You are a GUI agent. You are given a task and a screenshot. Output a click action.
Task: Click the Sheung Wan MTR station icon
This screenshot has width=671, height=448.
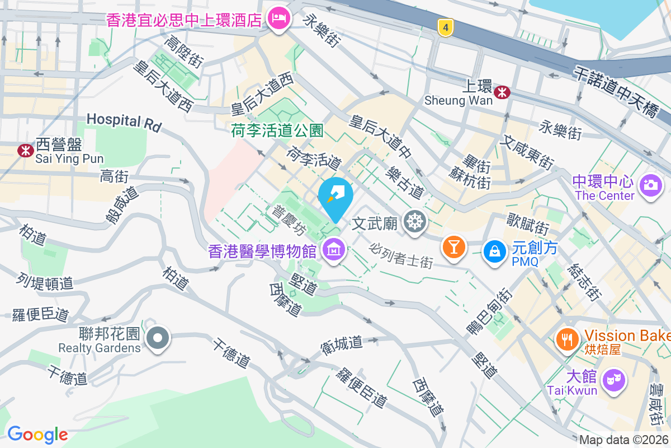click(503, 91)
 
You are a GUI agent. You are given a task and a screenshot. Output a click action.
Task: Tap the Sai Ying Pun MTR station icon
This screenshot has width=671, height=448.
click(25, 150)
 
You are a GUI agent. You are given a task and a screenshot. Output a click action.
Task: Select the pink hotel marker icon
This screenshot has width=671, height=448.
click(278, 20)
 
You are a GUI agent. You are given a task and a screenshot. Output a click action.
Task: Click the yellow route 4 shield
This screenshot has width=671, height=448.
click(445, 27)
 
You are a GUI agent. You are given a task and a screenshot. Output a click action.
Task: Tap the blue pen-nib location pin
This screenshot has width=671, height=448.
click(335, 197)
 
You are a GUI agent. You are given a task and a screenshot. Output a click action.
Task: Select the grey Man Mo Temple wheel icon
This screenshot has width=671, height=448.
click(415, 222)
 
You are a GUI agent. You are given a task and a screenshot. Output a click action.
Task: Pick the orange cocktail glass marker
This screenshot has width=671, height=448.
click(453, 246)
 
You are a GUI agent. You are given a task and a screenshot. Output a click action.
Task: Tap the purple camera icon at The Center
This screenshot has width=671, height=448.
click(651, 184)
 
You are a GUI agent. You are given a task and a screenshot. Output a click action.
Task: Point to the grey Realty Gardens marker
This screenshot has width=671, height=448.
click(158, 338)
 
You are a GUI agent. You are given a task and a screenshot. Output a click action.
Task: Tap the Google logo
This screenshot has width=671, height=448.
click(37, 434)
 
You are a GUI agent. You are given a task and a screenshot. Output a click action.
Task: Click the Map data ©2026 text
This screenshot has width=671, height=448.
click(624, 440)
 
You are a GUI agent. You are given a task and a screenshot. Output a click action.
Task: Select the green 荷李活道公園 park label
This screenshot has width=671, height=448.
click(277, 131)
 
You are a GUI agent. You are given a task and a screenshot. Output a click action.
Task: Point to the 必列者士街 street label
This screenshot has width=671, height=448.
click(401, 255)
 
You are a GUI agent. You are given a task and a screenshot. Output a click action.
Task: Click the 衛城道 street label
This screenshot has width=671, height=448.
click(342, 343)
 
